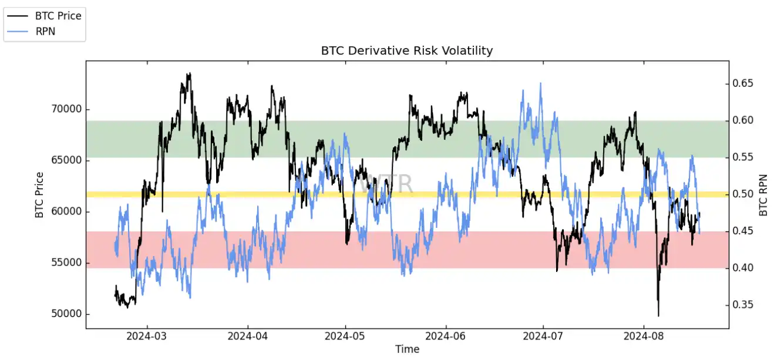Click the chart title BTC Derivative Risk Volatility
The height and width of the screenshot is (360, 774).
406,51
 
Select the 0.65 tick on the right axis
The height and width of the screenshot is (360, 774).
743,84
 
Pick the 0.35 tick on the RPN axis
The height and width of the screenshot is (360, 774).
743,305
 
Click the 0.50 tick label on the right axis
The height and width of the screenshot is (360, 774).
743,194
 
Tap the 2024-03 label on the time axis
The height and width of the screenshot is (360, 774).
147,337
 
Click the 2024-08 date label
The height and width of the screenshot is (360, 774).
643,337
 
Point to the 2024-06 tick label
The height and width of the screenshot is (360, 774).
446,337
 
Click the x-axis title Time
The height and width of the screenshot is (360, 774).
407,349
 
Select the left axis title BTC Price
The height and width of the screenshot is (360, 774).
40,194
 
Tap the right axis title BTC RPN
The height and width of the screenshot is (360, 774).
763,194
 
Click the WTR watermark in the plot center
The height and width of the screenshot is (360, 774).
386,184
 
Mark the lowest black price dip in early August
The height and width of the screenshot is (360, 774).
658,315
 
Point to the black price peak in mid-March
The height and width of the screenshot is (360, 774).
189,74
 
